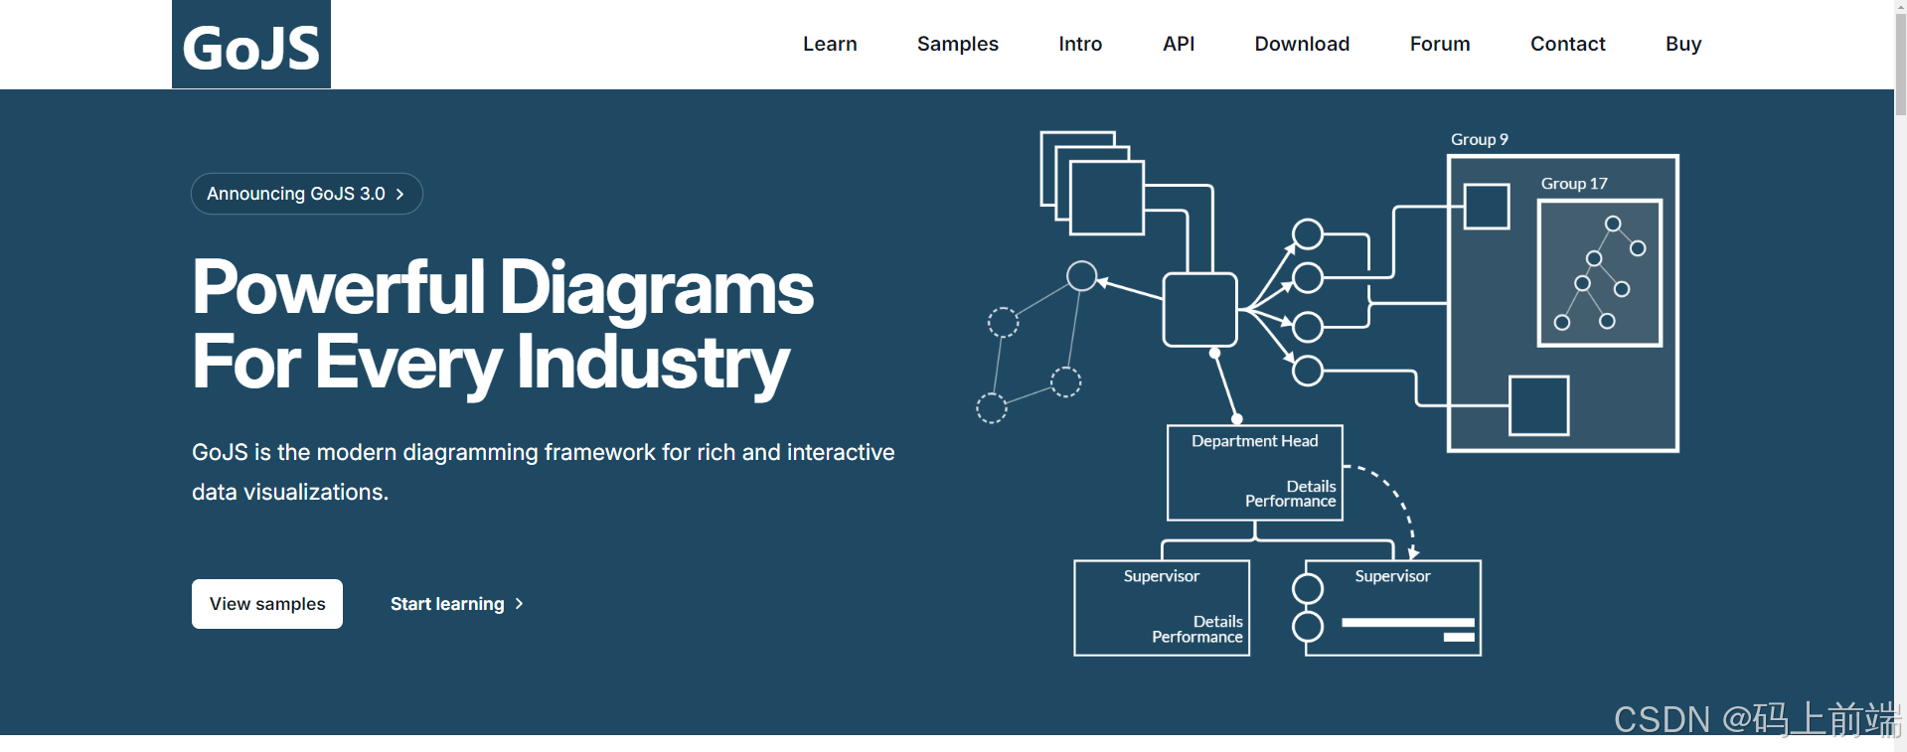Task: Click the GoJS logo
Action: click(x=251, y=46)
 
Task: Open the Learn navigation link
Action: click(x=830, y=44)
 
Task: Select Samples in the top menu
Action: click(x=957, y=44)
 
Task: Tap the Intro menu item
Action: click(x=1080, y=44)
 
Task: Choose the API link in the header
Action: click(x=1179, y=44)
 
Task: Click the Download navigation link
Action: click(x=1302, y=44)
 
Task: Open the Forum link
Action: click(x=1439, y=44)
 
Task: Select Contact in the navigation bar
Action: click(x=1567, y=44)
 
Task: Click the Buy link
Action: click(x=1683, y=44)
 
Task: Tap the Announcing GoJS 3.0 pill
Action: click(x=306, y=194)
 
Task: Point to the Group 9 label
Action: click(x=1479, y=140)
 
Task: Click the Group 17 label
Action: click(x=1573, y=184)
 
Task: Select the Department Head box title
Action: click(x=1254, y=441)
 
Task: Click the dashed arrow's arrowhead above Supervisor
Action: click(x=1413, y=552)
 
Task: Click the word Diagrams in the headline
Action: click(x=656, y=288)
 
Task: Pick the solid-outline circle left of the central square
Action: click(x=1081, y=275)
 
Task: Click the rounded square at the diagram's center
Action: click(x=1199, y=310)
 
